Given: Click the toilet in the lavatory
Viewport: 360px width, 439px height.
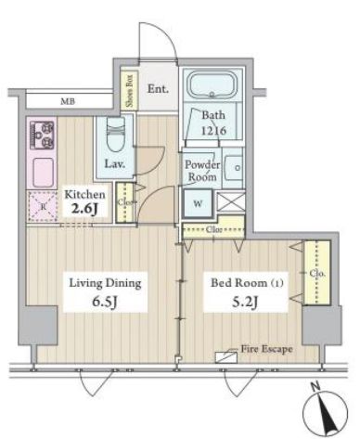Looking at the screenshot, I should tap(115, 139).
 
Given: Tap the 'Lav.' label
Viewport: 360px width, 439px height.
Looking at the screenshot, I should tap(115, 164).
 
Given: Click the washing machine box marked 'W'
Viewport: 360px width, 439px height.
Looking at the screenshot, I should tap(198, 205).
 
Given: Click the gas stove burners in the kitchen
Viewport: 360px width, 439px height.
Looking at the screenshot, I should tap(44, 136).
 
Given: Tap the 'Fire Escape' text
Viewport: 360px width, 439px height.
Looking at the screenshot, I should tap(267, 349).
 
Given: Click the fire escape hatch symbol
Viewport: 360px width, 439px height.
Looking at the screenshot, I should tap(225, 355).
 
